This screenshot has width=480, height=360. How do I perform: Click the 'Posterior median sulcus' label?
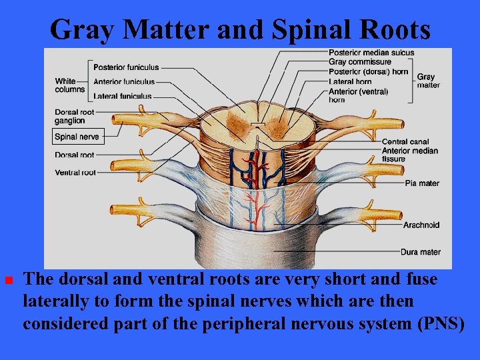371,53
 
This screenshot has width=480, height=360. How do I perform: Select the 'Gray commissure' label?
360,62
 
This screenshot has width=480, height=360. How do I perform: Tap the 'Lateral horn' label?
350,82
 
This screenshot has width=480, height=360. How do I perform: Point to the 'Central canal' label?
405,141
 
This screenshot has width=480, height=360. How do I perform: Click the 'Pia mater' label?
421,183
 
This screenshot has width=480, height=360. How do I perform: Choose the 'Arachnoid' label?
421,225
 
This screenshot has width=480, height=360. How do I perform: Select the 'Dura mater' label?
421,252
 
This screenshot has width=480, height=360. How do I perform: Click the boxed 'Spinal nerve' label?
77,137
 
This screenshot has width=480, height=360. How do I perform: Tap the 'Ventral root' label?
75,173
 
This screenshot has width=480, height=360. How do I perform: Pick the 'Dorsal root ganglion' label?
75,117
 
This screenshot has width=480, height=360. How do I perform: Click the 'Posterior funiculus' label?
126,67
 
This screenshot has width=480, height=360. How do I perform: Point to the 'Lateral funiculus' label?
122,96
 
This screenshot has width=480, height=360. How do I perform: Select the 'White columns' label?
70,85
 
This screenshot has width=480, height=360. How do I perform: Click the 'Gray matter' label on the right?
428,81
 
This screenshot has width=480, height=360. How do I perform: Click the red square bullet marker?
9,280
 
